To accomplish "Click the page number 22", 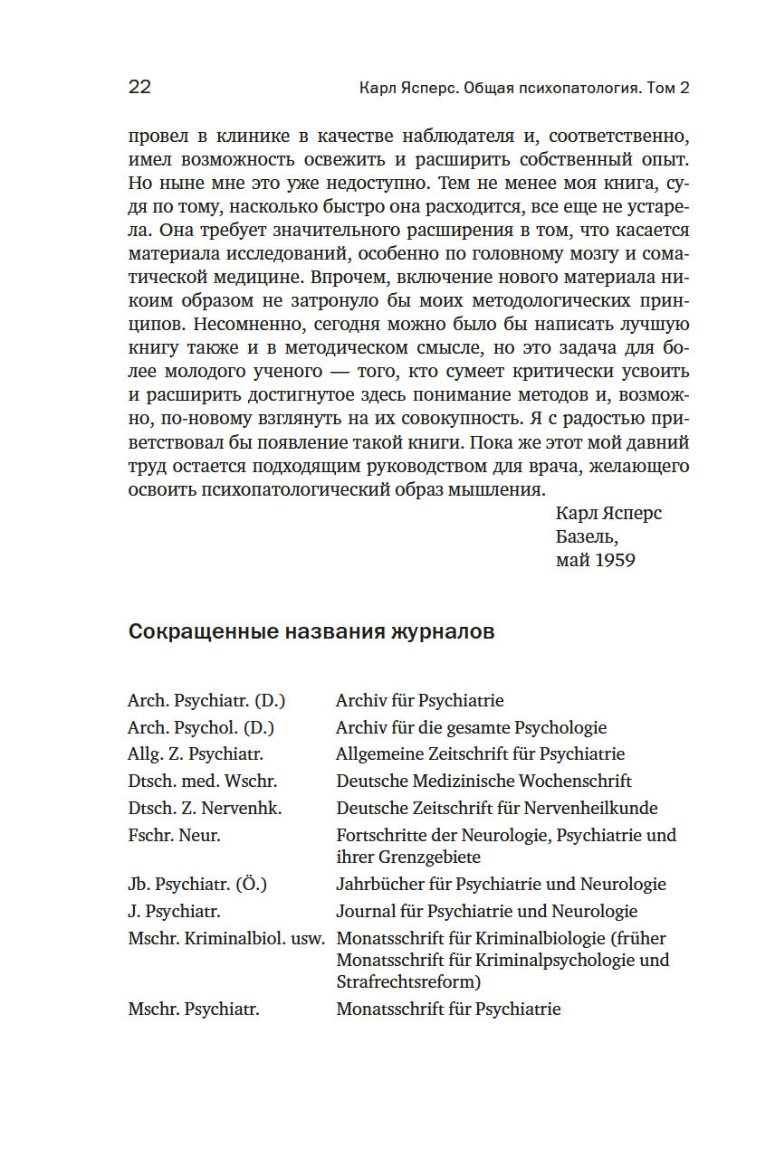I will click(139, 87).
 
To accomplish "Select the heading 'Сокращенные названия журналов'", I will click(311, 631).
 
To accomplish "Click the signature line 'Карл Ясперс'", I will click(608, 513).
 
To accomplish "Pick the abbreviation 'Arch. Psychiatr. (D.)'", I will click(206, 700).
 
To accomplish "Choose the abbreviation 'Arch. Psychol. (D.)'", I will click(201, 727).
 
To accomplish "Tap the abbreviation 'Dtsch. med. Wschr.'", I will click(203, 781).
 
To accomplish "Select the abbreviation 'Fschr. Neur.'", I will click(175, 835).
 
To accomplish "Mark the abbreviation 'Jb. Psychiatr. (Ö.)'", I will click(198, 884).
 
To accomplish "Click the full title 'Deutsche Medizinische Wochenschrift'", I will click(483, 781).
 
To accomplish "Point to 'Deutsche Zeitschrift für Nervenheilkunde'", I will click(497, 808).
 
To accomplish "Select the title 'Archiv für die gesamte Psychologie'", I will click(471, 727).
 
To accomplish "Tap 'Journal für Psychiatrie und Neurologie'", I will click(486, 911).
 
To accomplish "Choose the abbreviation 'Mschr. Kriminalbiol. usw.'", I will click(226, 938).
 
